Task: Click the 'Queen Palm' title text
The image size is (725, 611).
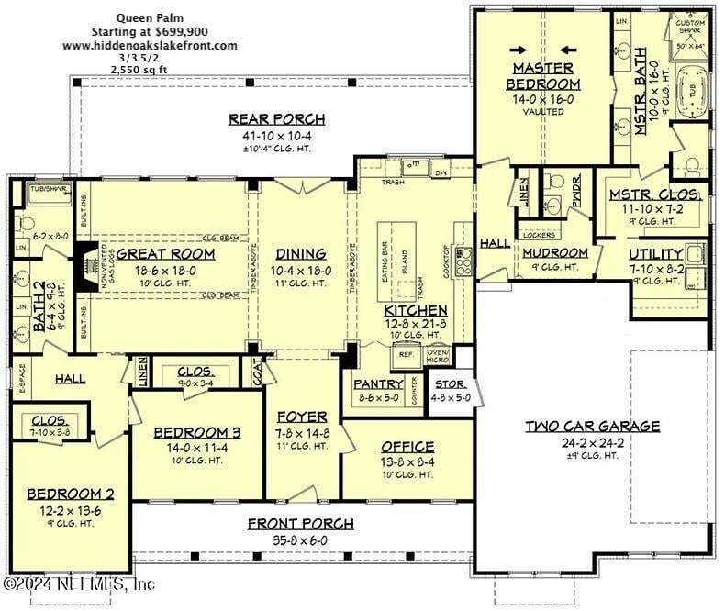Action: tap(149, 17)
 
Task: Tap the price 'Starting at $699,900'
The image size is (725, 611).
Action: tap(149, 30)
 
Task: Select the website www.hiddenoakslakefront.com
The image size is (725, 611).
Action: tap(150, 44)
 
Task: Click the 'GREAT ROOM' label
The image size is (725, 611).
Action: tap(165, 254)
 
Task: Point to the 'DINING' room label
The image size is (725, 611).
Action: tap(301, 254)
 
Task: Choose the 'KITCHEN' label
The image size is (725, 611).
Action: tap(416, 311)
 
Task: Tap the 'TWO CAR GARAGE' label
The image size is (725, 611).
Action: tap(592, 426)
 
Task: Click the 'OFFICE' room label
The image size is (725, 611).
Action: tap(407, 447)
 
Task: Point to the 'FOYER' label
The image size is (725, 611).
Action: tap(301, 417)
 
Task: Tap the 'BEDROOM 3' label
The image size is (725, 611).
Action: tap(196, 432)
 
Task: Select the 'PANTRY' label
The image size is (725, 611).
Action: tap(376, 385)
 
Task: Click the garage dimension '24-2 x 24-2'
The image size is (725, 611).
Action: tap(592, 441)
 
